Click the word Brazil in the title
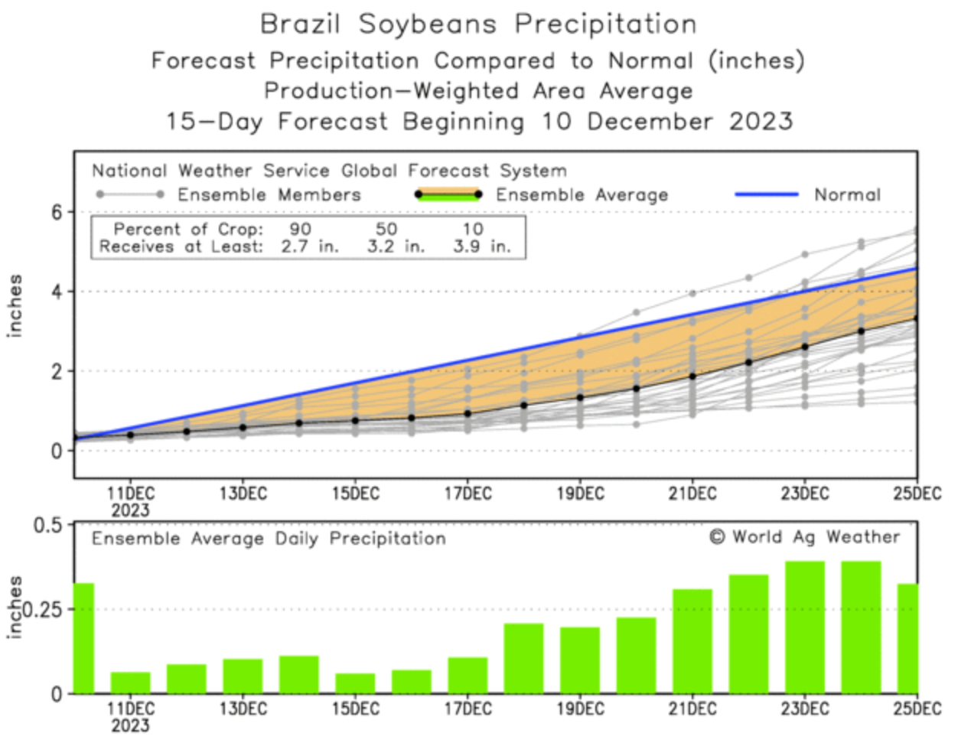click(x=299, y=24)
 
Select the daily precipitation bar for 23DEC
click(x=804, y=628)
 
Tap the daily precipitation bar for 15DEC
click(x=355, y=683)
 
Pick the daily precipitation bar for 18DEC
click(x=523, y=658)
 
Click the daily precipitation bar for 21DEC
click(x=692, y=641)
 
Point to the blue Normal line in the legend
click(x=766, y=194)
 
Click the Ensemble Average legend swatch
click(x=448, y=194)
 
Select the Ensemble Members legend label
click(x=269, y=194)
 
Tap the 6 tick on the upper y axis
click(x=57, y=212)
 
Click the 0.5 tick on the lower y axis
click(x=47, y=526)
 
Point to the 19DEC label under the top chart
click(x=579, y=494)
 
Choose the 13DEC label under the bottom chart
click(x=243, y=709)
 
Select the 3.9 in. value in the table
click(x=481, y=246)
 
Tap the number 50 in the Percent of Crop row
click(x=386, y=229)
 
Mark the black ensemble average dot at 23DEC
click(x=804, y=347)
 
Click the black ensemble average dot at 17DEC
click(x=468, y=413)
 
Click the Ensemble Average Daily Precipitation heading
click(x=269, y=539)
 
